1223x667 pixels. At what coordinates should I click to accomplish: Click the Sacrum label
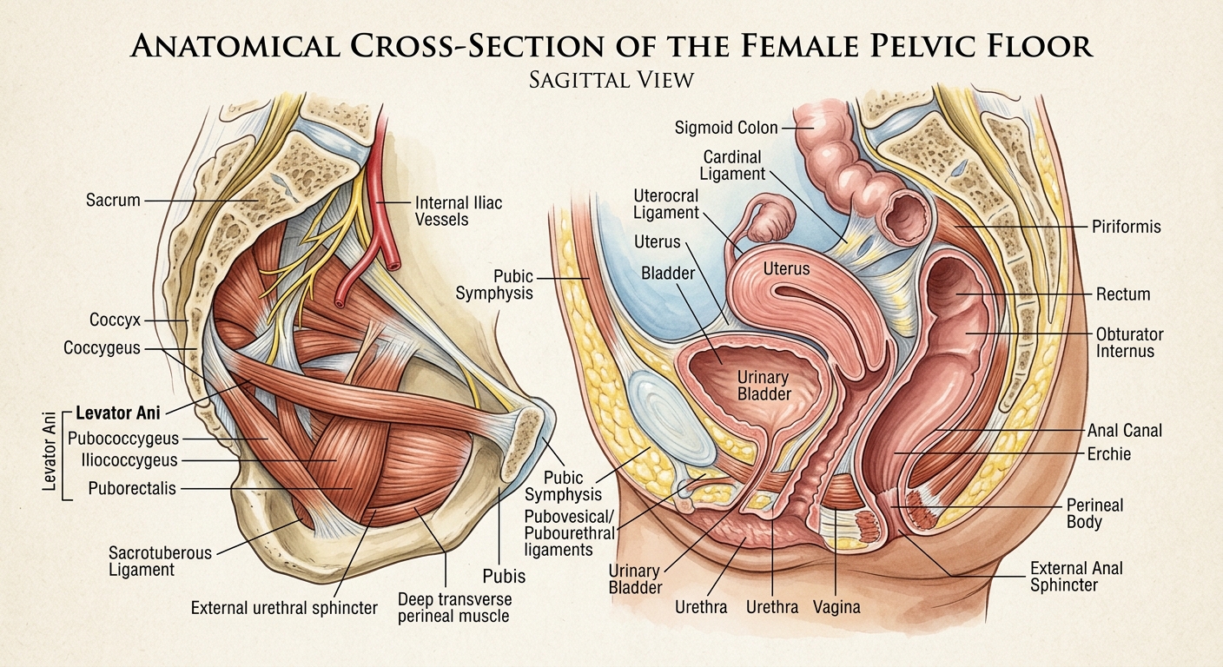pos(113,201)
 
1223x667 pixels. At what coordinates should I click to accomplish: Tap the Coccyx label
pos(116,320)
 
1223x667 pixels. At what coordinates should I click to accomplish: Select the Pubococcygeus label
pos(123,439)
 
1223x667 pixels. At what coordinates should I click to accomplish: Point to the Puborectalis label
pos(132,488)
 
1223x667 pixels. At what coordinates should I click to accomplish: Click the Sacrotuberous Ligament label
pos(160,561)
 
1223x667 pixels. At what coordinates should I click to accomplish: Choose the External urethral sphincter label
pos(284,608)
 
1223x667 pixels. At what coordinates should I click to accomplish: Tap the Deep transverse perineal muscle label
pos(455,607)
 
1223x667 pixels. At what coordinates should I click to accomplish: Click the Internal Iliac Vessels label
pos(459,211)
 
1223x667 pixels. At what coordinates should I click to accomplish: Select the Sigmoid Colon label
pos(726,128)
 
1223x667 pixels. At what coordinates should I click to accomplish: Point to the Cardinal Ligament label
pos(732,165)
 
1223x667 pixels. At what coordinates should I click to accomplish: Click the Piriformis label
pos(1127,227)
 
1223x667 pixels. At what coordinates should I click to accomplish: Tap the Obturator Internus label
pos(1129,342)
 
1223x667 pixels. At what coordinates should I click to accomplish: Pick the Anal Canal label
pos(1124,431)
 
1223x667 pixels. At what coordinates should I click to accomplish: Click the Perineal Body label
pos(1094,513)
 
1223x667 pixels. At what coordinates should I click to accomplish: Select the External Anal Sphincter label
pos(1076,577)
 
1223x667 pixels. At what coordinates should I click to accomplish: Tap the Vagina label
pos(836,607)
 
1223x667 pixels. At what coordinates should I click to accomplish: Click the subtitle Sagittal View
pos(611,80)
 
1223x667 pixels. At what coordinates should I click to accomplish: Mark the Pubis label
pos(504,577)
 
